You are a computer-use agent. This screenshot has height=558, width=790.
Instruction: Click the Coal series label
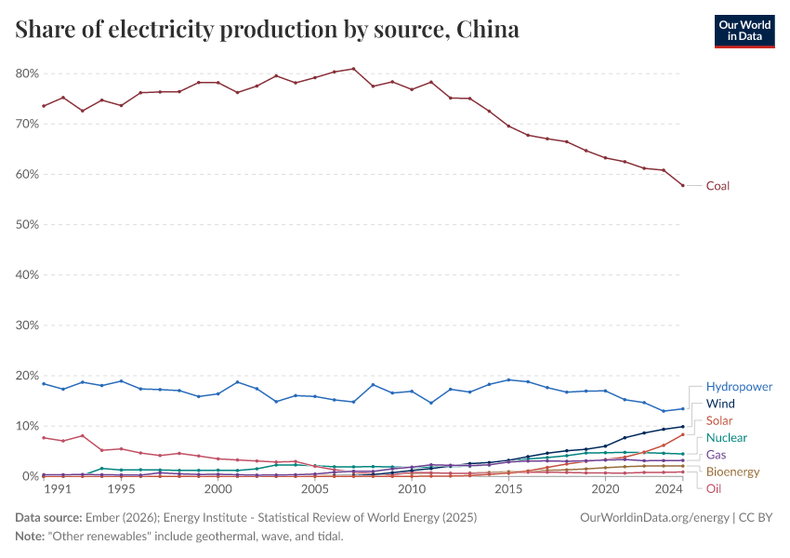coord(718,186)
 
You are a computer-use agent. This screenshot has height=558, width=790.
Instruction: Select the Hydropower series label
coord(739,387)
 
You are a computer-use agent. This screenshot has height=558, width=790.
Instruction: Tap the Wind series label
coord(721,405)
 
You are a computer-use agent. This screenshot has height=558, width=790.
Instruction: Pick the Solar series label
coord(719,421)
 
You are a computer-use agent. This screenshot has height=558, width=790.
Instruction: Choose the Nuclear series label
coord(726,438)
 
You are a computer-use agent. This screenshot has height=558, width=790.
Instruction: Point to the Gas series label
coord(717,455)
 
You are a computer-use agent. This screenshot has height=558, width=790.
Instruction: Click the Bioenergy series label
coord(732,472)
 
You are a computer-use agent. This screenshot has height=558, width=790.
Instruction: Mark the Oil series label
coord(714,489)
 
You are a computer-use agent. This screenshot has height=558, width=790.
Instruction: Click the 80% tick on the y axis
coord(26,73)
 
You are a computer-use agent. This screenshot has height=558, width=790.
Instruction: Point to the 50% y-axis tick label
coord(26,225)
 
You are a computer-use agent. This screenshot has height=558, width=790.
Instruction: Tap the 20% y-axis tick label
coord(26,376)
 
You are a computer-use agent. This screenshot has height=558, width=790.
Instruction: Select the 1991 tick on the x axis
coord(57,488)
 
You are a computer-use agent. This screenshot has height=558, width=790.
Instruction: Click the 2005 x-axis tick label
coord(315,488)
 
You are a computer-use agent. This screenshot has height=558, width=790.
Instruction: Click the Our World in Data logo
coord(744,30)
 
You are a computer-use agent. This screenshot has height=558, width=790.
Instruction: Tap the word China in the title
coord(488,30)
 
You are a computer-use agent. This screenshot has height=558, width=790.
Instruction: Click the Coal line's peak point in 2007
coord(354,69)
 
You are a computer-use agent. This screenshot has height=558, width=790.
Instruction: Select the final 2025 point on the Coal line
coord(683,185)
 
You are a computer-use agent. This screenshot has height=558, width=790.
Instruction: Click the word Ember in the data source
coord(102,517)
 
